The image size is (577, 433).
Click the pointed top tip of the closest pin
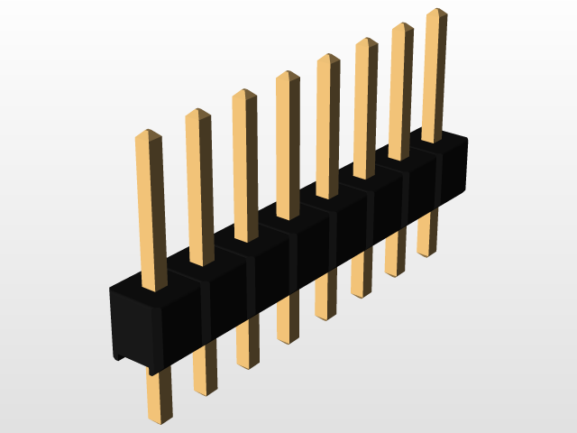[148, 134]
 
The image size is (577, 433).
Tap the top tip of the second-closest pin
[197, 113]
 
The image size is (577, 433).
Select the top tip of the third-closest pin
[244, 93]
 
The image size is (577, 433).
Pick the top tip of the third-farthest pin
[366, 41]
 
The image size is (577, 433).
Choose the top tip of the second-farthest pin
[402, 25]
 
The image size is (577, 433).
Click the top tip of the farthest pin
[436, 12]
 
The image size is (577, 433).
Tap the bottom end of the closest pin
[160, 419]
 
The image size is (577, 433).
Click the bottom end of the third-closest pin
[247, 365]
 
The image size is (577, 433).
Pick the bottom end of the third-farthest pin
[361, 295]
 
